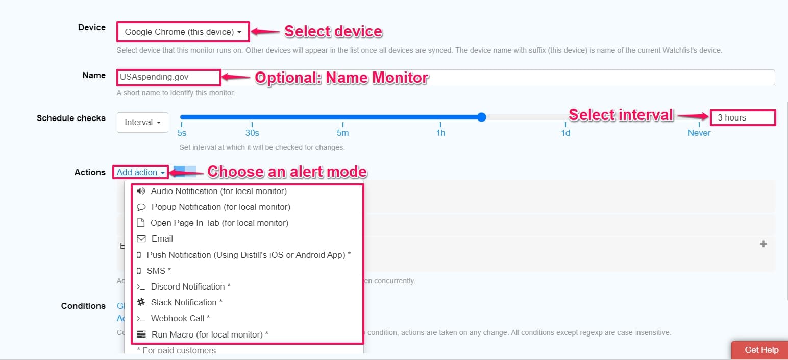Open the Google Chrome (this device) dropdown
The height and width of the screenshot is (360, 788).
(183, 32)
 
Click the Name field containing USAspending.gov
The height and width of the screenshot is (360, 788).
(168, 77)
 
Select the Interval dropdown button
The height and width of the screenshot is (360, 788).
(142, 123)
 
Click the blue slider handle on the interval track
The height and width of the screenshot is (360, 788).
(481, 117)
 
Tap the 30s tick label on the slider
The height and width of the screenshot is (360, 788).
(252, 133)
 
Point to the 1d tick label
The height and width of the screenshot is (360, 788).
(565, 133)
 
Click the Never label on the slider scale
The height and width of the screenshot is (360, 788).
(699, 133)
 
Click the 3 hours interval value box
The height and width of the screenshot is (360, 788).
(742, 117)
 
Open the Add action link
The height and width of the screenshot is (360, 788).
(140, 172)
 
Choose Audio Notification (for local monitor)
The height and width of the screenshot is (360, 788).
(218, 191)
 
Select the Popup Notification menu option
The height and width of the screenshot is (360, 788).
(220, 207)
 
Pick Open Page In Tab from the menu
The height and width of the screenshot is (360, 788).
(219, 223)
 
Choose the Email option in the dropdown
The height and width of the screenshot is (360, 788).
(162, 238)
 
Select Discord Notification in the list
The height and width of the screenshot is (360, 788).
(190, 286)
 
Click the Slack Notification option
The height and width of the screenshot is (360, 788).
(186, 302)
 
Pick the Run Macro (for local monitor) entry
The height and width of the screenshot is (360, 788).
(209, 334)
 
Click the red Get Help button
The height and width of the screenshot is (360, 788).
(761, 350)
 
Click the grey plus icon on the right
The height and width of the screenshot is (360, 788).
(764, 244)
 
